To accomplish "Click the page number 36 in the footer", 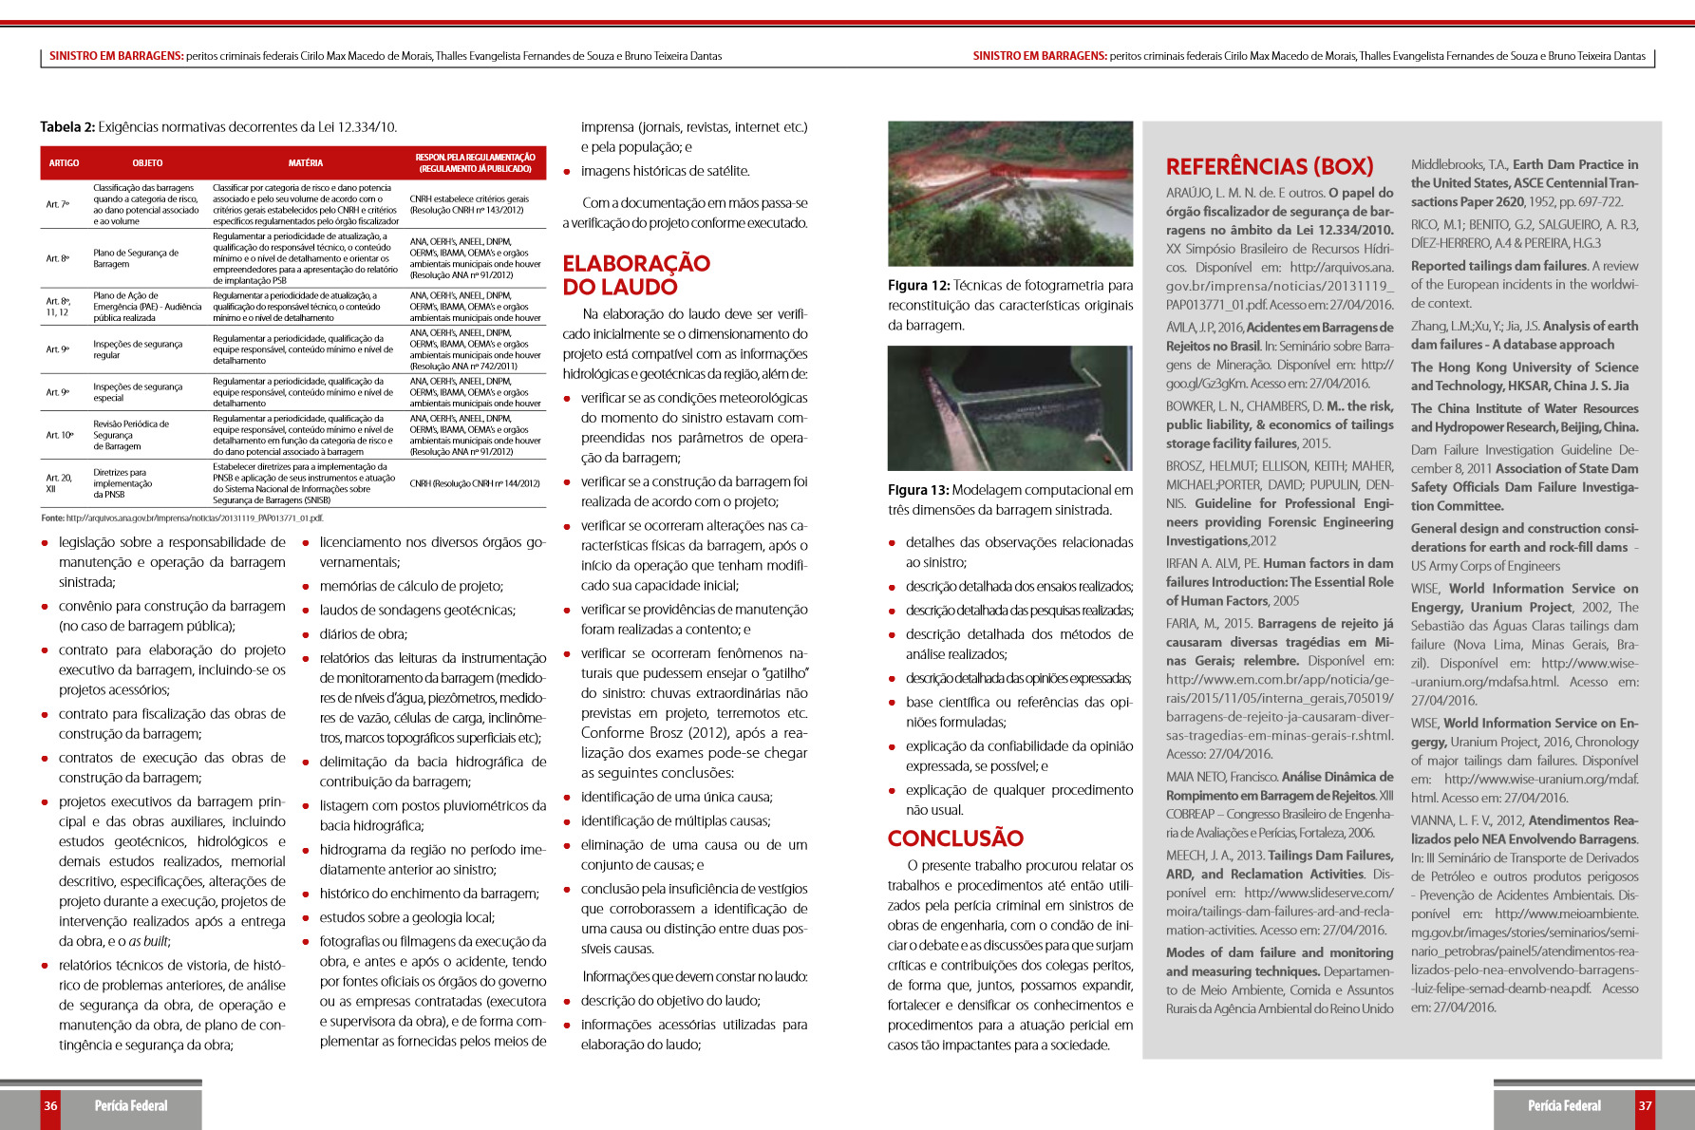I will tap(50, 1105).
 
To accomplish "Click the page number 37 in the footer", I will tap(1645, 1105).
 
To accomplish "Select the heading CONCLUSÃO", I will tap(955, 838).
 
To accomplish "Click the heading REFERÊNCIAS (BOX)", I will tap(1270, 167).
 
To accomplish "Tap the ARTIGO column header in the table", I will tap(65, 163).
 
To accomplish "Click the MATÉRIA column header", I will tap(306, 163).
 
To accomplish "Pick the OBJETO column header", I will tap(147, 163).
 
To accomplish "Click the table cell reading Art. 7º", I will tap(58, 204).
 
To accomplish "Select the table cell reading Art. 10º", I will tap(60, 435).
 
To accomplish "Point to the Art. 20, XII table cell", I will tap(59, 483).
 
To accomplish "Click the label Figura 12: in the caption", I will tap(918, 286).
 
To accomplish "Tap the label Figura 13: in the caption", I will tap(918, 490).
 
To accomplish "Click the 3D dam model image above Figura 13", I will tap(1009, 408).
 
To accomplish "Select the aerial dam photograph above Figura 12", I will tap(1009, 193).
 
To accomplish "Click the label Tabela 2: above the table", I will tap(67, 127).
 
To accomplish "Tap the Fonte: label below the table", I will tap(52, 518).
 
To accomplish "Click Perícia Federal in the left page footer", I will tap(131, 1105).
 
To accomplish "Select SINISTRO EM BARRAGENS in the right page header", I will tap(1040, 56).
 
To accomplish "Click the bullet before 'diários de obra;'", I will tap(307, 634).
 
